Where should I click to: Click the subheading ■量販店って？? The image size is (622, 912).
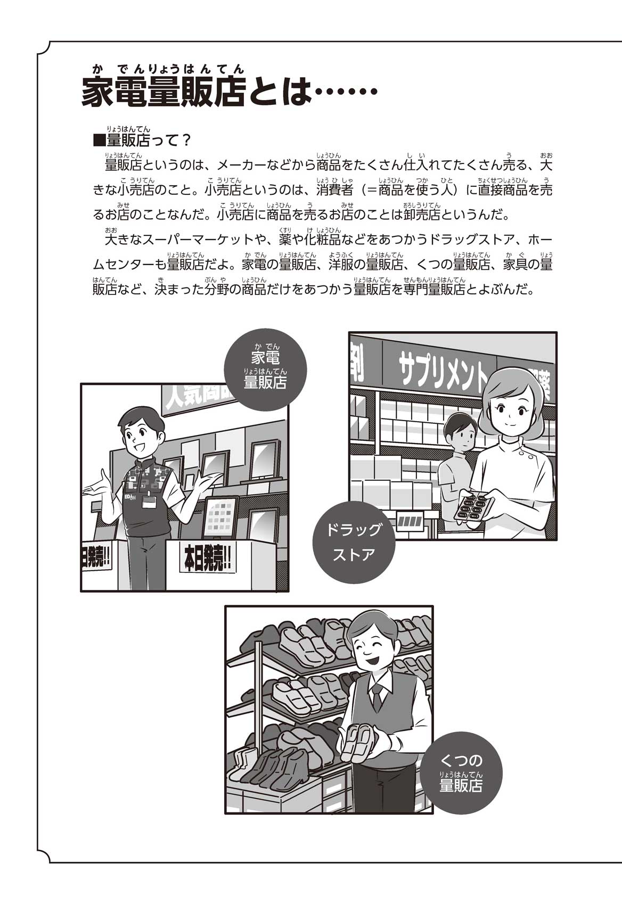click(x=142, y=141)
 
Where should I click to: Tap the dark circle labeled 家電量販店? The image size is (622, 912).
click(x=265, y=369)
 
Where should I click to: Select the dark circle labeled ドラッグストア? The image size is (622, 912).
click(x=354, y=542)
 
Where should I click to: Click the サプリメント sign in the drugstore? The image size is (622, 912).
click(x=440, y=368)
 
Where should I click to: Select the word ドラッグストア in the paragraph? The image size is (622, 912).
click(x=472, y=240)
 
